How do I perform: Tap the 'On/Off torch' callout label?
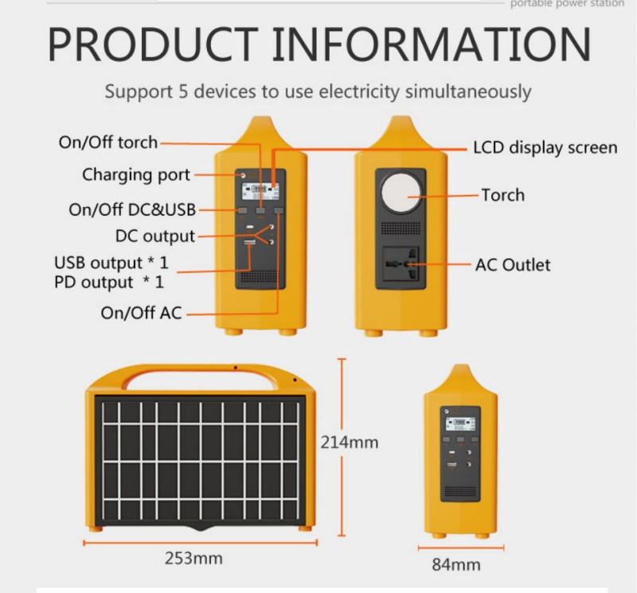pos(108,143)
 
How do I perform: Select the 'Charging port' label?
pos(136,174)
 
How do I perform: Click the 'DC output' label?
pos(154,236)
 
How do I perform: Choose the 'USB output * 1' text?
pos(111,262)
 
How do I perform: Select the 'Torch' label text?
pos(502,194)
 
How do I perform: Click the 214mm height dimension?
pos(349,443)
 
